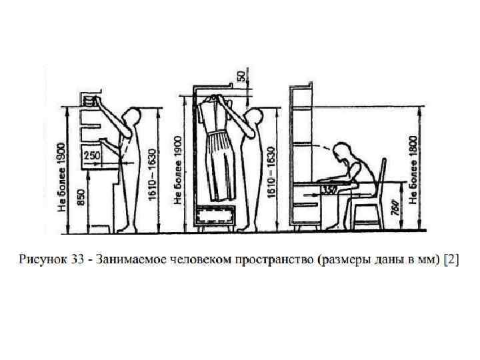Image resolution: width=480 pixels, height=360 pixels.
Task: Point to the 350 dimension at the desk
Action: (x=329, y=188)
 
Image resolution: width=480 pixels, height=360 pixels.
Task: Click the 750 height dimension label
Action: (x=395, y=209)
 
